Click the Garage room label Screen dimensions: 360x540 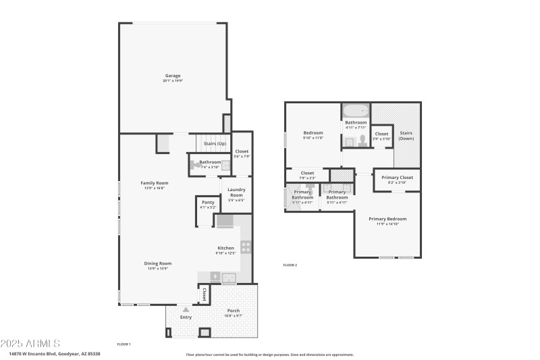172,76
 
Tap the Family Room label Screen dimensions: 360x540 154,183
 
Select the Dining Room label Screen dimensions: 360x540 157,263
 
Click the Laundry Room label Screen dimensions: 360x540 236,191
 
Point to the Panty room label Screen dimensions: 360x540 208,203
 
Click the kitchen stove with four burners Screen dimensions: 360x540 246,247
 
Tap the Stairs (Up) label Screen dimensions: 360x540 214,143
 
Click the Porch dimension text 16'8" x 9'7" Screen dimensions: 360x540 234,315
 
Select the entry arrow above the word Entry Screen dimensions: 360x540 186,309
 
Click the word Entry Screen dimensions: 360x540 186,317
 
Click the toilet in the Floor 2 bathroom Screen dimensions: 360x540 362,140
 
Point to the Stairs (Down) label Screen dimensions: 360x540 406,135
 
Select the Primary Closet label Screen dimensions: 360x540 397,178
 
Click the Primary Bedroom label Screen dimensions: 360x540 387,219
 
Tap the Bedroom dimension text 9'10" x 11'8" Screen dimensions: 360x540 313,138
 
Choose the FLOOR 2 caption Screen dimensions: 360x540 290,265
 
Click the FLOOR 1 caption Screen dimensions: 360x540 124,344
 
